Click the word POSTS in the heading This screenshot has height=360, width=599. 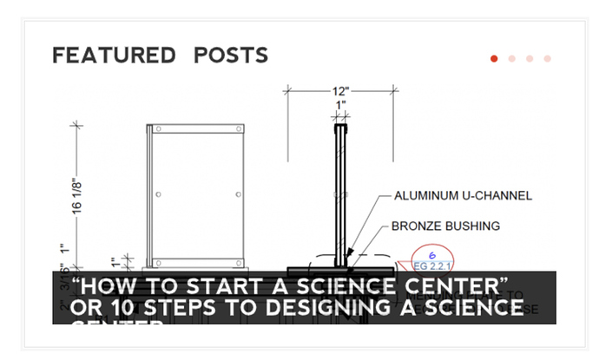tap(231, 56)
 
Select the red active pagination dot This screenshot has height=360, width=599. tap(494, 59)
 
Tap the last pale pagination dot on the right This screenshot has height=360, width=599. tap(547, 59)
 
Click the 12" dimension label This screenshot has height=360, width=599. tap(340, 91)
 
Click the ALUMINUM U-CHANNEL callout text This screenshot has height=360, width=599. tap(463, 196)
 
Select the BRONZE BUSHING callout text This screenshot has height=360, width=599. tap(445, 226)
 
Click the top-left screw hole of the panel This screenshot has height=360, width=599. tap(159, 130)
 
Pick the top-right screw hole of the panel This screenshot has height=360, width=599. tap(238, 130)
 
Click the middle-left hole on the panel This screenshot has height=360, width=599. tap(158, 194)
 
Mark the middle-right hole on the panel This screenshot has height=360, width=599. tap(238, 194)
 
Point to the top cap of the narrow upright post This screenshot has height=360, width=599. tap(340, 128)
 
